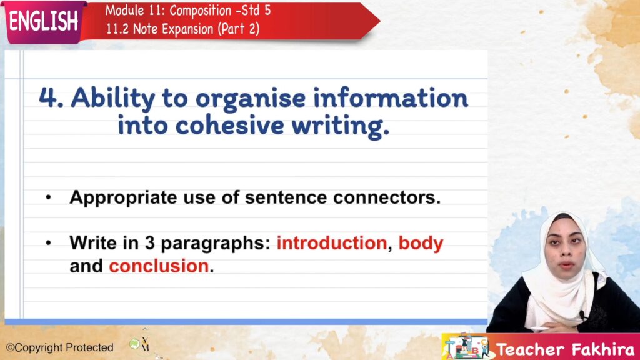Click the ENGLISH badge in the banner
click(x=44, y=21)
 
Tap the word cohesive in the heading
click(x=229, y=125)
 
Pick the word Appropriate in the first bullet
click(x=123, y=198)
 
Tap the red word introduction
click(x=331, y=243)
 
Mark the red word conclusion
click(x=159, y=266)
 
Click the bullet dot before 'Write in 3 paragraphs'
click(x=49, y=243)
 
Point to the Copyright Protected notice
click(x=59, y=347)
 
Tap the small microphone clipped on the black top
click(x=582, y=315)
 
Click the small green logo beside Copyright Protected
click(x=134, y=344)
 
